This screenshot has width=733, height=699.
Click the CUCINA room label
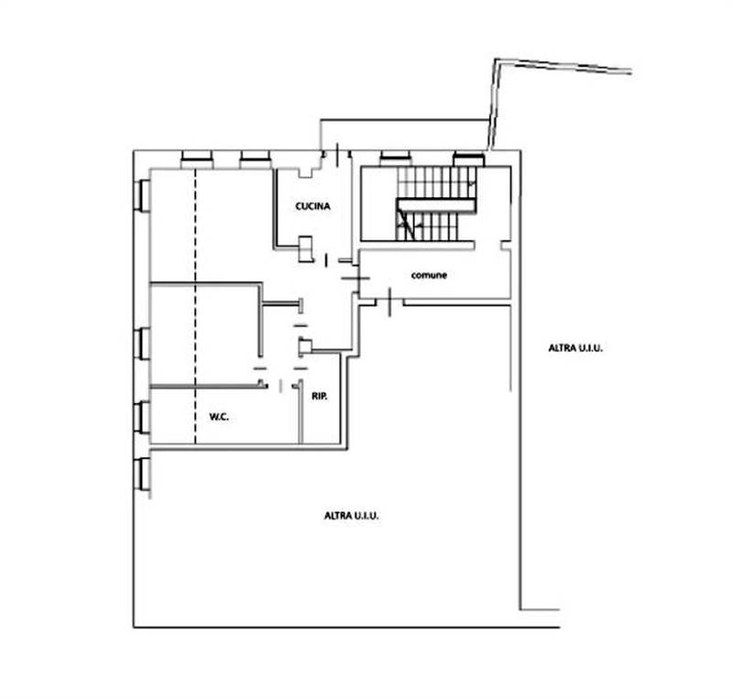(312, 206)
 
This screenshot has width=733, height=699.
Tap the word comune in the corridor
(429, 276)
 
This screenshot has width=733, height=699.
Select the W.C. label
(219, 417)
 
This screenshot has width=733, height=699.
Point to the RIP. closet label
(320, 397)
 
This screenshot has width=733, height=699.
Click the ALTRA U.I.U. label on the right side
(575, 348)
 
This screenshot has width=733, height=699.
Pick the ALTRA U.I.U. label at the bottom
(352, 516)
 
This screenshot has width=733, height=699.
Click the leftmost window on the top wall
(197, 159)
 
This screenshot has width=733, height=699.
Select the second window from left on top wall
(256, 159)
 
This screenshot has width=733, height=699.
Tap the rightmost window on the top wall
(469, 159)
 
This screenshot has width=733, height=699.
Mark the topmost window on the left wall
(142, 195)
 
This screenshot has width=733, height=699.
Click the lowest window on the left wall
(142, 475)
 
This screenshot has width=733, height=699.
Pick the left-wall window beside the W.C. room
(142, 418)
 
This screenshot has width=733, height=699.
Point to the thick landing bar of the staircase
(437, 206)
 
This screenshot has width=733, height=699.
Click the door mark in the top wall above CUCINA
(336, 155)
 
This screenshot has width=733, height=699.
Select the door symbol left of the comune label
(356, 279)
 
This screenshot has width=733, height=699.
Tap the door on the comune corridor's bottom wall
(390, 302)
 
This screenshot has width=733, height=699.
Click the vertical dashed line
(195, 306)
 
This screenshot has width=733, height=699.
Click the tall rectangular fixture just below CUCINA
(305, 249)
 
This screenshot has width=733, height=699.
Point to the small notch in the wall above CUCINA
(305, 172)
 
